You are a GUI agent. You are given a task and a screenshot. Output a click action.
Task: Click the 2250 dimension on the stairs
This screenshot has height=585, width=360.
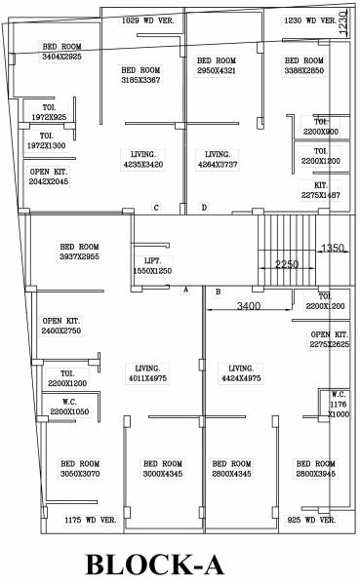[x=286, y=264]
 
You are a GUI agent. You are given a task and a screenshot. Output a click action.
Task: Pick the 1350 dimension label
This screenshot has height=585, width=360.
[x=334, y=248]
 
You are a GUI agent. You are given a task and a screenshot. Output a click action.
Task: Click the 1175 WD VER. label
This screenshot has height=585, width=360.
[x=91, y=521]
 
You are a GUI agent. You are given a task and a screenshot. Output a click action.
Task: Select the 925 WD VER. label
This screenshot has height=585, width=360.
[x=310, y=521]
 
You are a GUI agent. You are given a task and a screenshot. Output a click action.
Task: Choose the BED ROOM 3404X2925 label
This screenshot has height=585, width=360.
[x=61, y=52]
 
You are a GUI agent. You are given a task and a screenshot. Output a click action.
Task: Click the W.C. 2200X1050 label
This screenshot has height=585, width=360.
[x=69, y=408]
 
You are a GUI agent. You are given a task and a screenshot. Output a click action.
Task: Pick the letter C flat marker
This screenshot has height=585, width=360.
[x=156, y=208]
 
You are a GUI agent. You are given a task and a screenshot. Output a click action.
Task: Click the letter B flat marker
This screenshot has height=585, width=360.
[x=218, y=292]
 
